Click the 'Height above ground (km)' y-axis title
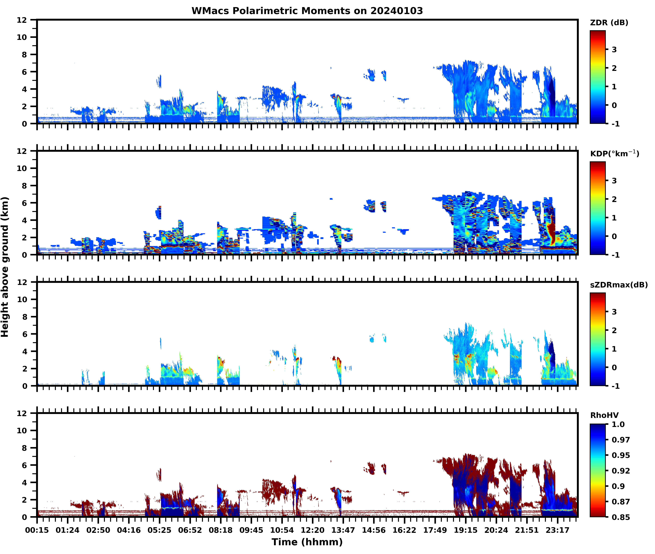point(5,267)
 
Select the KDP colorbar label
point(614,154)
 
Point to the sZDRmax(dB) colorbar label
point(619,285)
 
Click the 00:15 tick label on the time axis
point(37,530)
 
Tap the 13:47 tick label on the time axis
point(343,530)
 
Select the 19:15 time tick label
point(465,530)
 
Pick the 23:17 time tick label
point(557,530)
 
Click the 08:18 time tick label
point(220,530)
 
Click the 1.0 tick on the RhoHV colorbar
point(618,424)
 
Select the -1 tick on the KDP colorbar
point(615,255)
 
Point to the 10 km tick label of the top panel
point(22,37)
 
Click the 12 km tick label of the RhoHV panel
point(22,413)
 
